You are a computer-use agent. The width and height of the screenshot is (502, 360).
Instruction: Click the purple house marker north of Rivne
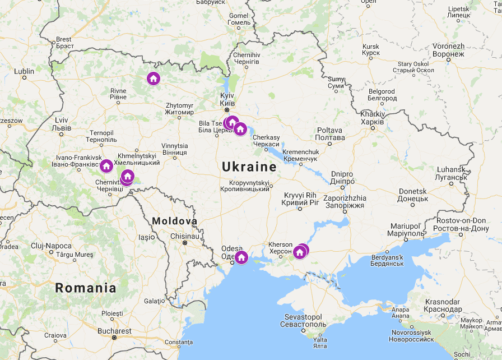coord(153,79)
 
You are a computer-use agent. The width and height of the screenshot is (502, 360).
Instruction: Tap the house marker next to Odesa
coord(241,257)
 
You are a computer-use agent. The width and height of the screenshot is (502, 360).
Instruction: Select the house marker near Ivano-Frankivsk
coord(106,165)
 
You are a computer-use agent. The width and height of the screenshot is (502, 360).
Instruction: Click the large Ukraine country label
coord(249,167)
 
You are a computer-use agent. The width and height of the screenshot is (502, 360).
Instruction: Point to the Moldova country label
coord(174,221)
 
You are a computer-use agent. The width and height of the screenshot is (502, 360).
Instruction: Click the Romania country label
coord(86,288)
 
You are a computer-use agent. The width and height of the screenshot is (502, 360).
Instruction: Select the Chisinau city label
coord(184,236)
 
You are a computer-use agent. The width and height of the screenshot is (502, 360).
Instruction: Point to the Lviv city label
coord(61,124)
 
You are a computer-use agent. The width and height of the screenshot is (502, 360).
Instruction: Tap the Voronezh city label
coord(448,50)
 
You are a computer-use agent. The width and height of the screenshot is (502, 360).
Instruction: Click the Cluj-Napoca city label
coord(51,246)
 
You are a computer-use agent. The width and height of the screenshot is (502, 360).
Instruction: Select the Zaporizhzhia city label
coord(345,202)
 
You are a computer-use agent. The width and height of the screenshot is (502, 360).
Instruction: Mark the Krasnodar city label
coord(443,306)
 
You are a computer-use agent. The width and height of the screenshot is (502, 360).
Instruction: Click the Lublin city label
coord(24,71)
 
